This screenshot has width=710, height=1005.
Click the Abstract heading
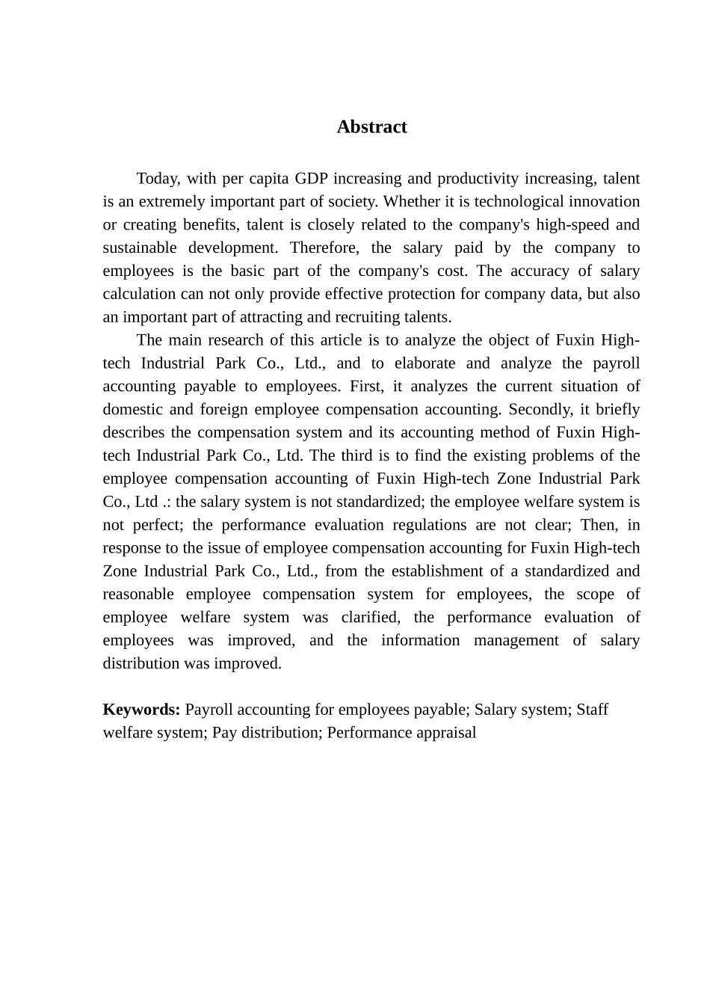coord(371,127)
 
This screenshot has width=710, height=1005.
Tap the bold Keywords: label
coord(141,710)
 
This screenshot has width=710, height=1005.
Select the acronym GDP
coord(312,179)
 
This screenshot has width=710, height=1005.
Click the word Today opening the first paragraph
coord(157,179)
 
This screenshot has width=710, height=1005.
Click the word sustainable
coord(140,248)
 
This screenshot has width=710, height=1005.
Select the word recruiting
coord(366,317)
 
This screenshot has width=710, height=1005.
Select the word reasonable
coord(138,594)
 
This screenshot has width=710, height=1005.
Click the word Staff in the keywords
coord(592,710)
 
